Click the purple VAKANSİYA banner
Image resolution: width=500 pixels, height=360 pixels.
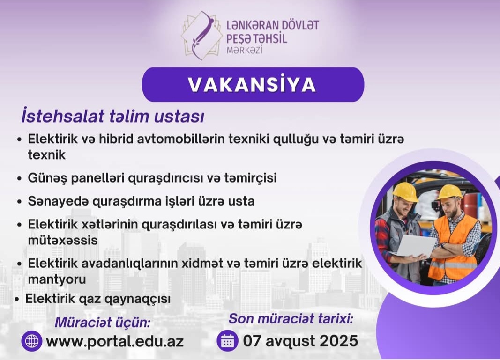tap(253, 85)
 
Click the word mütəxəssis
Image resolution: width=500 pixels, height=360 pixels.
tap(63, 240)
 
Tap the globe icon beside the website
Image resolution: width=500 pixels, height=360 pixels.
tap(32, 341)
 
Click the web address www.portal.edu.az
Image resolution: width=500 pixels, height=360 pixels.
tap(115, 341)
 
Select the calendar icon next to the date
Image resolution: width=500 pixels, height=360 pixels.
tap(228, 340)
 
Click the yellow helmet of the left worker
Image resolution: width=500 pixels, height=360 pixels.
tap(405, 191)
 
